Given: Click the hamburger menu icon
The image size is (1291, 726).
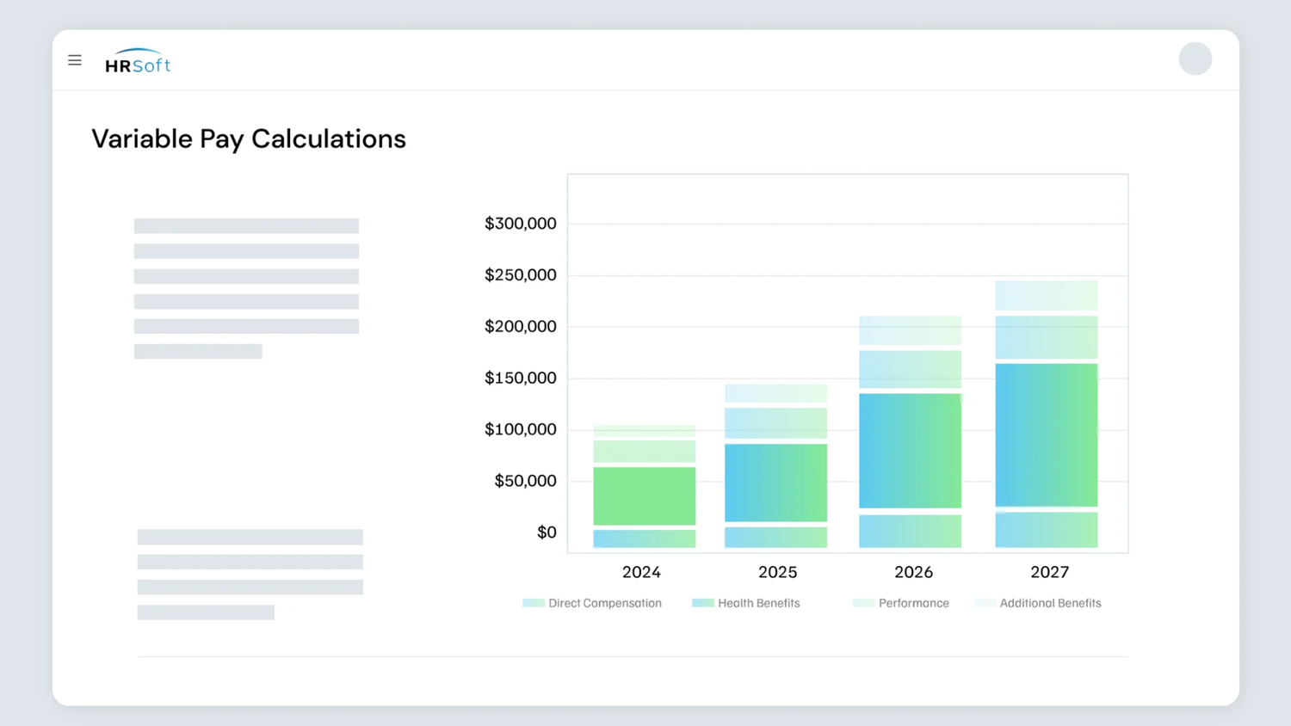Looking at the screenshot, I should click(75, 60).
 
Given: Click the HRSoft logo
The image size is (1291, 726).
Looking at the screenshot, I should click(138, 62).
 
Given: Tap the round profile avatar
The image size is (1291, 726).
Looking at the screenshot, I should click(1195, 58).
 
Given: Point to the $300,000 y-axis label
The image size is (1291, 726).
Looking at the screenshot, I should click(520, 224).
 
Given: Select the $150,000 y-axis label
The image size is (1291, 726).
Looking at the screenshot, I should click(520, 378).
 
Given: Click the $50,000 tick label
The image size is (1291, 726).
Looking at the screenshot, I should click(525, 481).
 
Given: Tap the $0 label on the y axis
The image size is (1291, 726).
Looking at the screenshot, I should click(547, 532).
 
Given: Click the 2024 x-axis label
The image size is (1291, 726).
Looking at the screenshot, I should click(641, 572).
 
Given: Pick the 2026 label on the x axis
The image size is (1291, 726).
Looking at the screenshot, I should click(913, 572).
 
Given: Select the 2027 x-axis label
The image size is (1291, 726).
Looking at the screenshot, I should click(1049, 572).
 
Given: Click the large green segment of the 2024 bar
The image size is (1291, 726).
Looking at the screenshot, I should click(644, 495).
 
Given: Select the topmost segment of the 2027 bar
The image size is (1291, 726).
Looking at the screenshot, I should click(1046, 295).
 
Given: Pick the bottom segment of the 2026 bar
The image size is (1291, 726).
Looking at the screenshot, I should click(910, 531).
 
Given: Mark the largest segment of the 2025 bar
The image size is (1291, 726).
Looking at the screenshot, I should click(775, 483).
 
